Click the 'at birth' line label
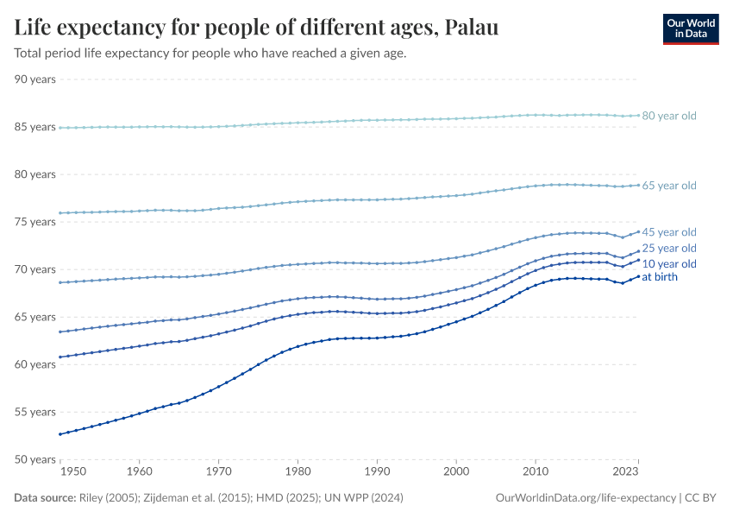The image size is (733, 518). pos(660,277)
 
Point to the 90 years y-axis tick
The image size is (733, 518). pos(36,79)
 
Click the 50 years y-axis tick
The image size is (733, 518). pos(36,459)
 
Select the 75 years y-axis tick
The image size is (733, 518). pos(36,222)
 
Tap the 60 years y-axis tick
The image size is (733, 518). pos(36,364)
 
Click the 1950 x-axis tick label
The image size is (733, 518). pos(72,472)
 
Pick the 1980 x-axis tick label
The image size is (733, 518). pos(298,472)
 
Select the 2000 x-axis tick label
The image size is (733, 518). pos(456,472)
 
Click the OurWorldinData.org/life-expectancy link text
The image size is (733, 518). pos(586,498)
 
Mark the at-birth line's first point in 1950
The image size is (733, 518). pos(60,434)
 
